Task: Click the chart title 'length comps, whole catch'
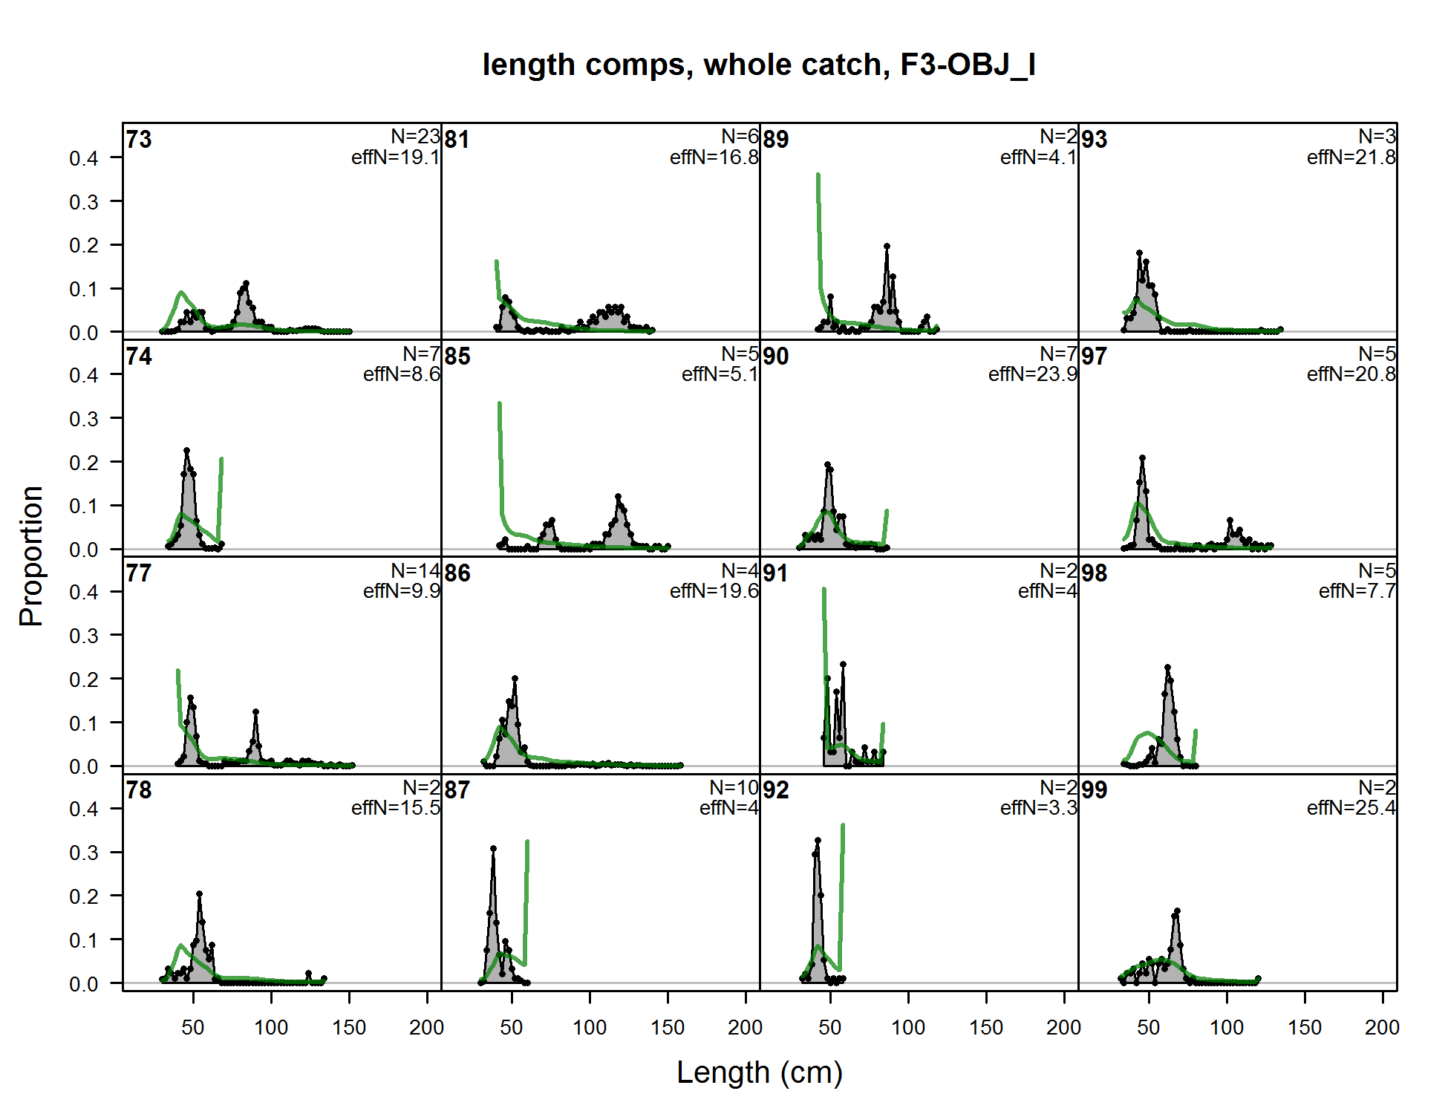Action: [758, 65]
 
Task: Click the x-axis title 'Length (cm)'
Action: [759, 1072]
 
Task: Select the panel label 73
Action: [139, 140]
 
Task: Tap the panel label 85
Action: [457, 356]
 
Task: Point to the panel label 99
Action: [1094, 790]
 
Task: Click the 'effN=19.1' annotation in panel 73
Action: [395, 157]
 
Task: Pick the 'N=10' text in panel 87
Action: [734, 787]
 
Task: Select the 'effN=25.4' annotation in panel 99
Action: [1351, 807]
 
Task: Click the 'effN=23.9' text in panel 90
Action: [1032, 374]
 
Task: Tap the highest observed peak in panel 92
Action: [818, 841]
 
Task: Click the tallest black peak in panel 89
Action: [887, 246]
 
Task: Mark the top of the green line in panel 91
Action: [824, 590]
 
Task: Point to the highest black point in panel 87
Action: [493, 848]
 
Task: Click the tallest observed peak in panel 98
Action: [1167, 667]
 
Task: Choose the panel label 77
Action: [139, 573]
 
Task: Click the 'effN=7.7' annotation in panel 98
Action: [1357, 591]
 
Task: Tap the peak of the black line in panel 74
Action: [186, 450]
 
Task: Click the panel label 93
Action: [1094, 140]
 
